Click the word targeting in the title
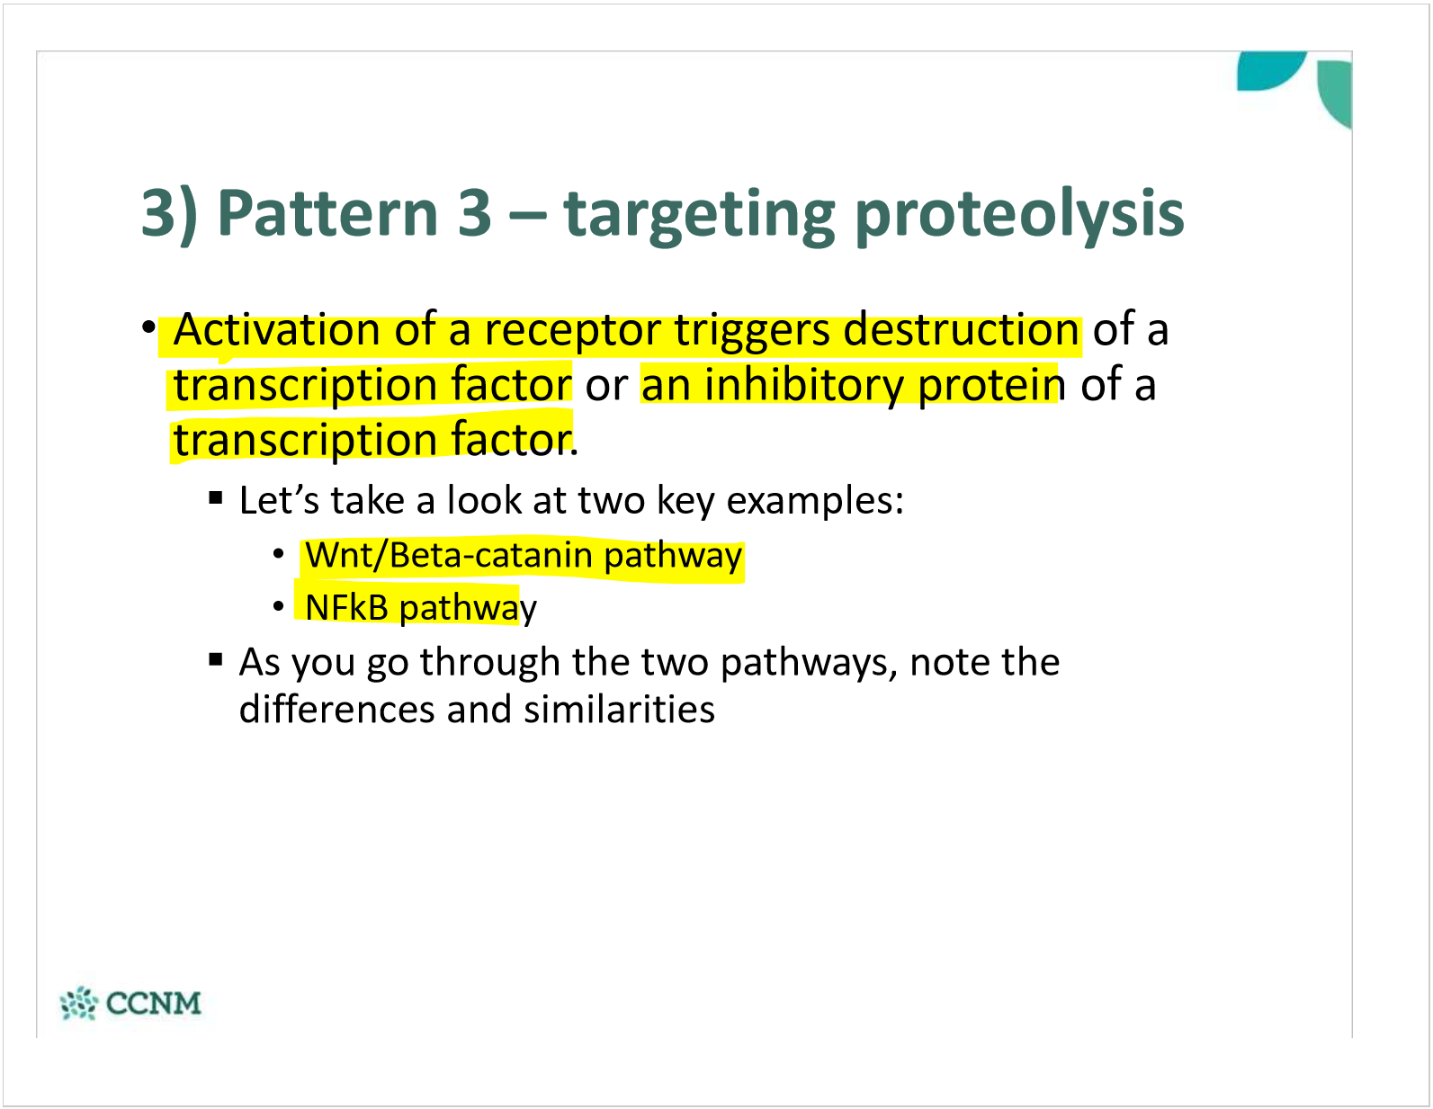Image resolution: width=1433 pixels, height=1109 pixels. (x=699, y=216)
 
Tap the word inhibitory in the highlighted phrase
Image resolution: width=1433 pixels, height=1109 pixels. (x=804, y=385)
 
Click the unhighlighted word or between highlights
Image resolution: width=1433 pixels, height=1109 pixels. (x=606, y=386)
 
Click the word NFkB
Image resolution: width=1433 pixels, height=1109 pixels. (x=346, y=608)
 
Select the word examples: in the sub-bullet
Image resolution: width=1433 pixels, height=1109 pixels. (x=814, y=501)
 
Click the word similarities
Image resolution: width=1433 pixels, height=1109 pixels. (x=619, y=710)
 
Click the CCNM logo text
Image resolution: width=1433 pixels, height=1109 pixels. (x=153, y=1003)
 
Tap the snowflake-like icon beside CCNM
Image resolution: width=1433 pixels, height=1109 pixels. (x=78, y=1003)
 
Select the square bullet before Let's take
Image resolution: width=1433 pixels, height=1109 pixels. (x=215, y=496)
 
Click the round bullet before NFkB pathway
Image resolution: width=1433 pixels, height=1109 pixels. (x=279, y=607)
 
